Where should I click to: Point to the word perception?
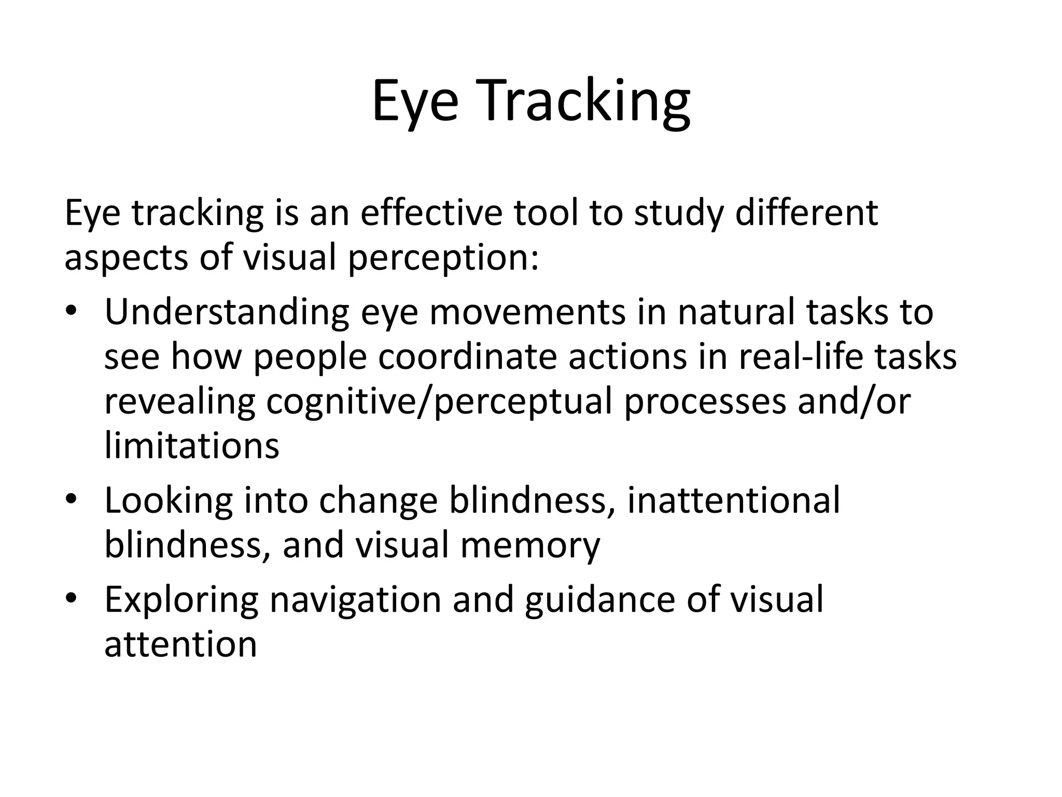(x=443, y=258)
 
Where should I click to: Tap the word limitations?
(x=192, y=446)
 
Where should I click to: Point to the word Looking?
(x=169, y=501)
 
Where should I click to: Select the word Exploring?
(x=181, y=600)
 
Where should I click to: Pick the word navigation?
(x=355, y=600)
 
